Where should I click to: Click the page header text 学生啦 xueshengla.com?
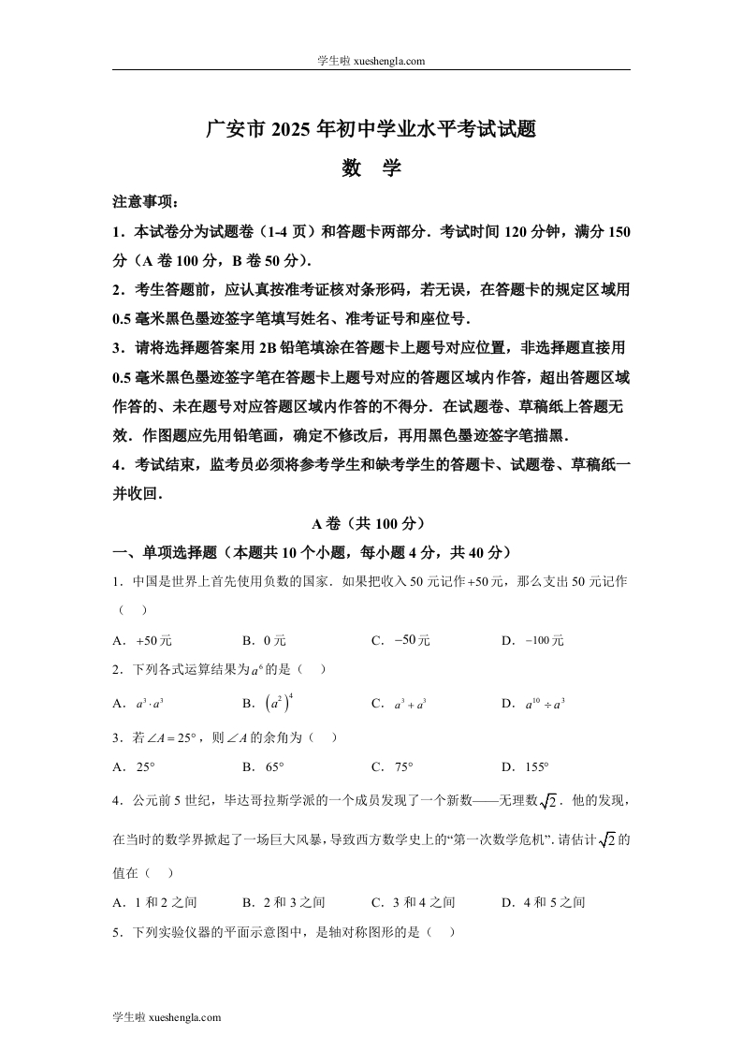(x=371, y=61)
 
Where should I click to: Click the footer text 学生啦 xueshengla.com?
(x=167, y=1016)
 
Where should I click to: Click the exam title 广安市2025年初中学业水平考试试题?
(x=371, y=129)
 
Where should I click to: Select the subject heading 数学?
(x=371, y=168)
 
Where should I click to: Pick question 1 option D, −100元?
(x=533, y=640)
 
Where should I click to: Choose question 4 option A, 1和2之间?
(x=155, y=902)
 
